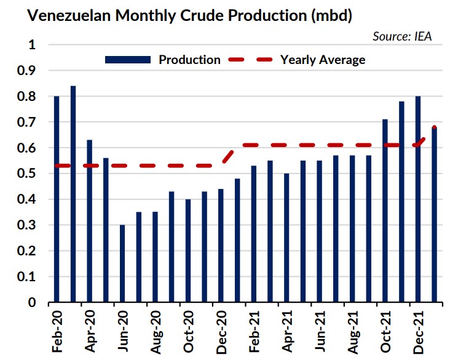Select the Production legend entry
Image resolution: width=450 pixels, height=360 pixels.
click(163, 60)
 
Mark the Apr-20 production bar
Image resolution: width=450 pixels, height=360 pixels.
click(90, 221)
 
